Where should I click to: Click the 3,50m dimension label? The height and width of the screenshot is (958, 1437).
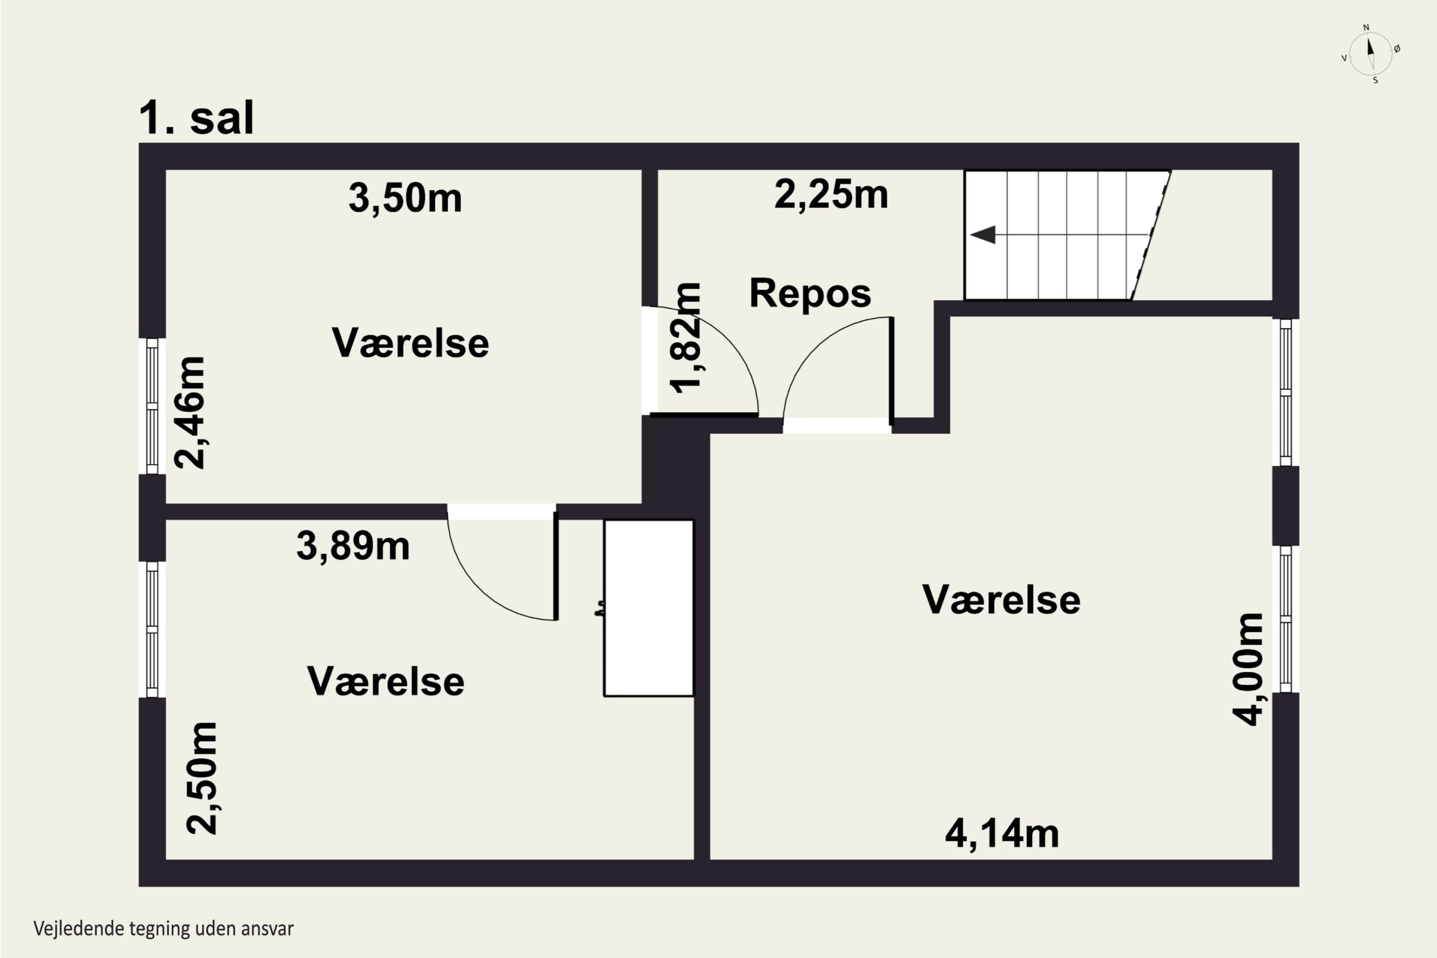coord(405,199)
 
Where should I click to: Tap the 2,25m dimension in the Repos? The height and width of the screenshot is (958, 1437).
coord(831,195)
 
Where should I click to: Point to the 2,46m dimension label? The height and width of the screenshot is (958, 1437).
coord(189,412)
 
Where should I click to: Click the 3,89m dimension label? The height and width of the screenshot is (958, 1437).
coord(353,546)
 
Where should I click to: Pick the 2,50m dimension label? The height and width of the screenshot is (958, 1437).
coord(202,778)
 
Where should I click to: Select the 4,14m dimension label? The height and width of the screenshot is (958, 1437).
coord(1002,834)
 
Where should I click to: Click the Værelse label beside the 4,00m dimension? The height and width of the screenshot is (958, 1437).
coord(1002,599)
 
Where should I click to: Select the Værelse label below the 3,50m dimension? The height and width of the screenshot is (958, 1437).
coord(411,343)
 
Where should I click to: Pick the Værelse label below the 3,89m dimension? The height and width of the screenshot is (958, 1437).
coord(386,681)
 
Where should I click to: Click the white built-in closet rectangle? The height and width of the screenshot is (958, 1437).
coord(649,608)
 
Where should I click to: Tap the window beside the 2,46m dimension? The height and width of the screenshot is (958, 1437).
coord(152,406)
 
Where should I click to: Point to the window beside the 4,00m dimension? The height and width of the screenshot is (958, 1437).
coord(1286,619)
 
